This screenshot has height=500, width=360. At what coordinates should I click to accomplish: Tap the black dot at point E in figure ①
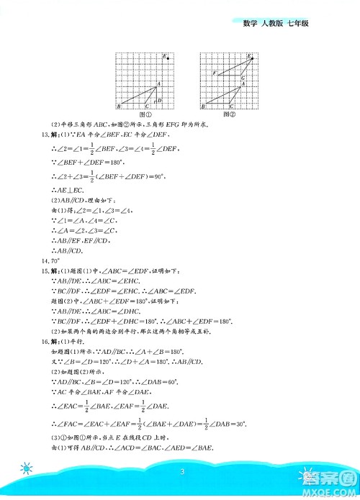(x=168, y=58)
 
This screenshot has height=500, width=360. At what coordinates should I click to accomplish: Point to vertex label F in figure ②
(x=214, y=73)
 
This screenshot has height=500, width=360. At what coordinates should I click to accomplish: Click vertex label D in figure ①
(x=160, y=99)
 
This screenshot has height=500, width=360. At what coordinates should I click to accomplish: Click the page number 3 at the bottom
(x=184, y=472)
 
